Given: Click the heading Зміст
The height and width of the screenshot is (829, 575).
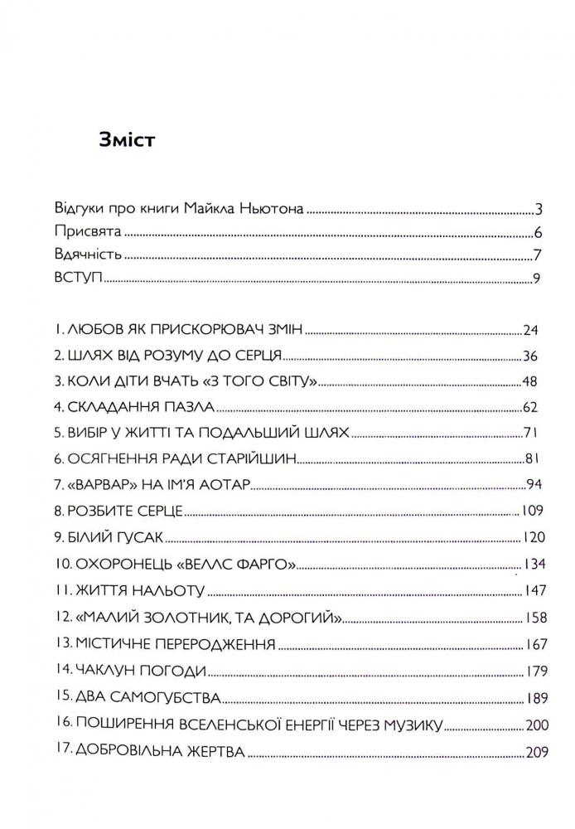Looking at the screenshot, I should click(x=128, y=138).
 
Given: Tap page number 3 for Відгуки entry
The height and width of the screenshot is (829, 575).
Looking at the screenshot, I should click(x=538, y=208).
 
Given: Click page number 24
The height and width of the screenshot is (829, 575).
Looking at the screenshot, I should click(x=531, y=330).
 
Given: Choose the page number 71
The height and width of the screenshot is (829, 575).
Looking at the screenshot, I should click(x=532, y=433).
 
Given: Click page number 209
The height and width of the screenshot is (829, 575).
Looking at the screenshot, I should click(x=538, y=753).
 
